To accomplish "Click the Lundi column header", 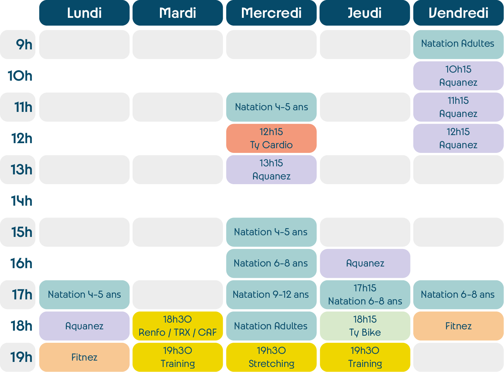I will pos(84,13).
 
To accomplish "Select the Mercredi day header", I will pos(271,13).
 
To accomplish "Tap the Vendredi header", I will pos(458,13).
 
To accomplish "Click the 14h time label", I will pos(22,201).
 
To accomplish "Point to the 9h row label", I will pos(24,45).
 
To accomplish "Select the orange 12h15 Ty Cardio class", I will pos(271,138).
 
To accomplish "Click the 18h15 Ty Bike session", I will pos(365,326).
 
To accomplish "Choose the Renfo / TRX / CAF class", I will pos(178,326).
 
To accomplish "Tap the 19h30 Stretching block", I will pos(271,357).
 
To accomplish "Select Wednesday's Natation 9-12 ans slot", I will pos(271,295).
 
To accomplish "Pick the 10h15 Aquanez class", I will pos(458,76).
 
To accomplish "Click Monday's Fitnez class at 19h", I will pos(84,357).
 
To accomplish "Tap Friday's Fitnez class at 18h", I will pos(458,326).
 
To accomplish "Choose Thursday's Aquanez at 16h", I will pos(365,263).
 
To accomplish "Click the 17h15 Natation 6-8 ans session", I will pos(365,295).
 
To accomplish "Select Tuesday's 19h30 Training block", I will pos(178,357).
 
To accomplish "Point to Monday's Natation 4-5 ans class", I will pos(84,295).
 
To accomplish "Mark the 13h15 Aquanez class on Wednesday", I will pos(271,170).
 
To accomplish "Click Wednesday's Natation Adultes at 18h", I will pos(271,326).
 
